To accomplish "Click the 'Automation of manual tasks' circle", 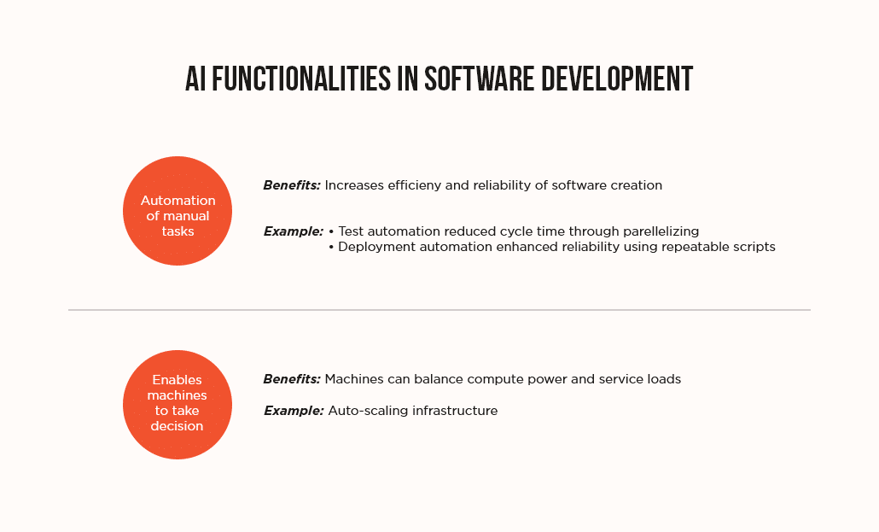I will coord(178,211).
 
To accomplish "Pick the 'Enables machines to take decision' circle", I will coord(178,405).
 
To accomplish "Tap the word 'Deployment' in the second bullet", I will coord(373,247).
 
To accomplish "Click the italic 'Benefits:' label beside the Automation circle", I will coord(292,185).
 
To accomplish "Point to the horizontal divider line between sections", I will coord(439,310).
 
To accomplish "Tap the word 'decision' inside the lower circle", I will coord(178,426).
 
